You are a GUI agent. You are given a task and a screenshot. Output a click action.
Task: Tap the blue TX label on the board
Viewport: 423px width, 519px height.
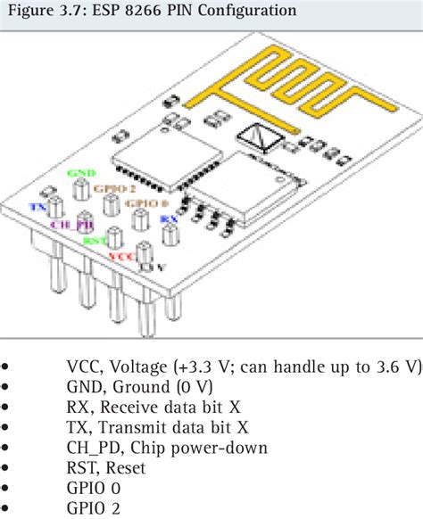click(x=37, y=206)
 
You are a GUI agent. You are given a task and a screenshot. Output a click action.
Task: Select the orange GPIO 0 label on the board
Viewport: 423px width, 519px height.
click(x=142, y=204)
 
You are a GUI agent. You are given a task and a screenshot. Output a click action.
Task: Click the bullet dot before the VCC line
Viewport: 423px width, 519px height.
click(x=8, y=367)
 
